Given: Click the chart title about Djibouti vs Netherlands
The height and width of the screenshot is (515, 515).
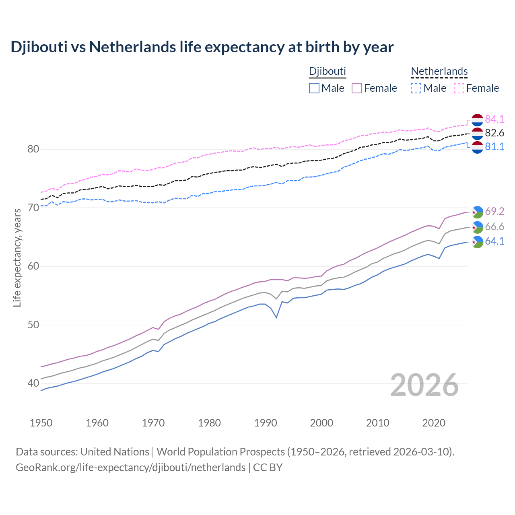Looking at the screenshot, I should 202,47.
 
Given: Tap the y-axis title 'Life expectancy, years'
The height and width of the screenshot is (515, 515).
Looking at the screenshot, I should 17,257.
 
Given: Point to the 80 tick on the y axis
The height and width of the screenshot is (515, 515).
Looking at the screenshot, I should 33,149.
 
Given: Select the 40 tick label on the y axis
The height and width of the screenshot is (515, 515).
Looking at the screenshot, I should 33,383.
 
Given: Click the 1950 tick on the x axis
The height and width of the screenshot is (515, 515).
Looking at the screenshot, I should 41,423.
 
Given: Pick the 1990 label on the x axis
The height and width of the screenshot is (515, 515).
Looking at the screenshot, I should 266,423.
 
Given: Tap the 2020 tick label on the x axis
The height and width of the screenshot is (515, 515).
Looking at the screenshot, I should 434,423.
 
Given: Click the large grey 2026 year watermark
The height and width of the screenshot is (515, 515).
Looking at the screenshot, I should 424,385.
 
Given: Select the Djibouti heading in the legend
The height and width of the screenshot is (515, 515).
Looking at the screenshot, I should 327,71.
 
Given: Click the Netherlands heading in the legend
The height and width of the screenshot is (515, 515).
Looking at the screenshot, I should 439,71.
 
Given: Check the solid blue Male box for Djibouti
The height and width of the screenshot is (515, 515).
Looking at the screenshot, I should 314,88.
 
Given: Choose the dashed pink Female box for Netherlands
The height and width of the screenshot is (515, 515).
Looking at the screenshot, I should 459,88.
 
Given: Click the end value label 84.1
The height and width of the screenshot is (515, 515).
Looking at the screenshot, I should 494,119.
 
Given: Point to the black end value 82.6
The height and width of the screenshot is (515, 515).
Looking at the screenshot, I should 494,133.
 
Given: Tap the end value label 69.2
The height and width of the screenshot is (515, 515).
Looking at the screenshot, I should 494,212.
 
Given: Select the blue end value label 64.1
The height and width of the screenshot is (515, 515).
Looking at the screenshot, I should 494,241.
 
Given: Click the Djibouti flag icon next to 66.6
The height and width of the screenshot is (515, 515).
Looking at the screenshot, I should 477,227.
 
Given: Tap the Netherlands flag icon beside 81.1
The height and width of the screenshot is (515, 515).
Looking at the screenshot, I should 477,147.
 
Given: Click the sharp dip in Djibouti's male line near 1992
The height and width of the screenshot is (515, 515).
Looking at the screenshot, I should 276,317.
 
